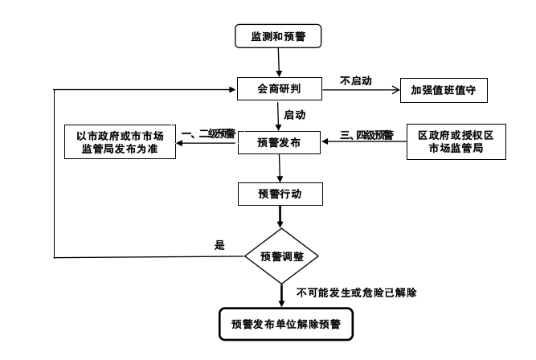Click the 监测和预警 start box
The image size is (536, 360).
[278, 35]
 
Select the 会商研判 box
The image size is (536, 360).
[278, 89]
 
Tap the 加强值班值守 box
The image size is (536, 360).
[443, 89]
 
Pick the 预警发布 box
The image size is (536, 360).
[279, 142]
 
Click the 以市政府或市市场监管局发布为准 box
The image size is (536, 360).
[120, 142]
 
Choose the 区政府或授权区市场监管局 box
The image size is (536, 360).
[456, 142]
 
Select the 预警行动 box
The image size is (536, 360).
[279, 194]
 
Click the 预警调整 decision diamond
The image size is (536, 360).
[280, 256]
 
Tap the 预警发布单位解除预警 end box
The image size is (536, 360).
[280, 324]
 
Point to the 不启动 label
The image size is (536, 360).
[355, 80]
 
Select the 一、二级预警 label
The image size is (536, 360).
[208, 133]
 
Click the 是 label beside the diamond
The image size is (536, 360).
[219, 245]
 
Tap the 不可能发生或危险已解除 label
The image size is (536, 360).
[356, 292]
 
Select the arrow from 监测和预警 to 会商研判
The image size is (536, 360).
[278, 62]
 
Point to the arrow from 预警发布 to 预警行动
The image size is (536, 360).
[279, 168]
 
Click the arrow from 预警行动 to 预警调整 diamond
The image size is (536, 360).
[280, 219]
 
